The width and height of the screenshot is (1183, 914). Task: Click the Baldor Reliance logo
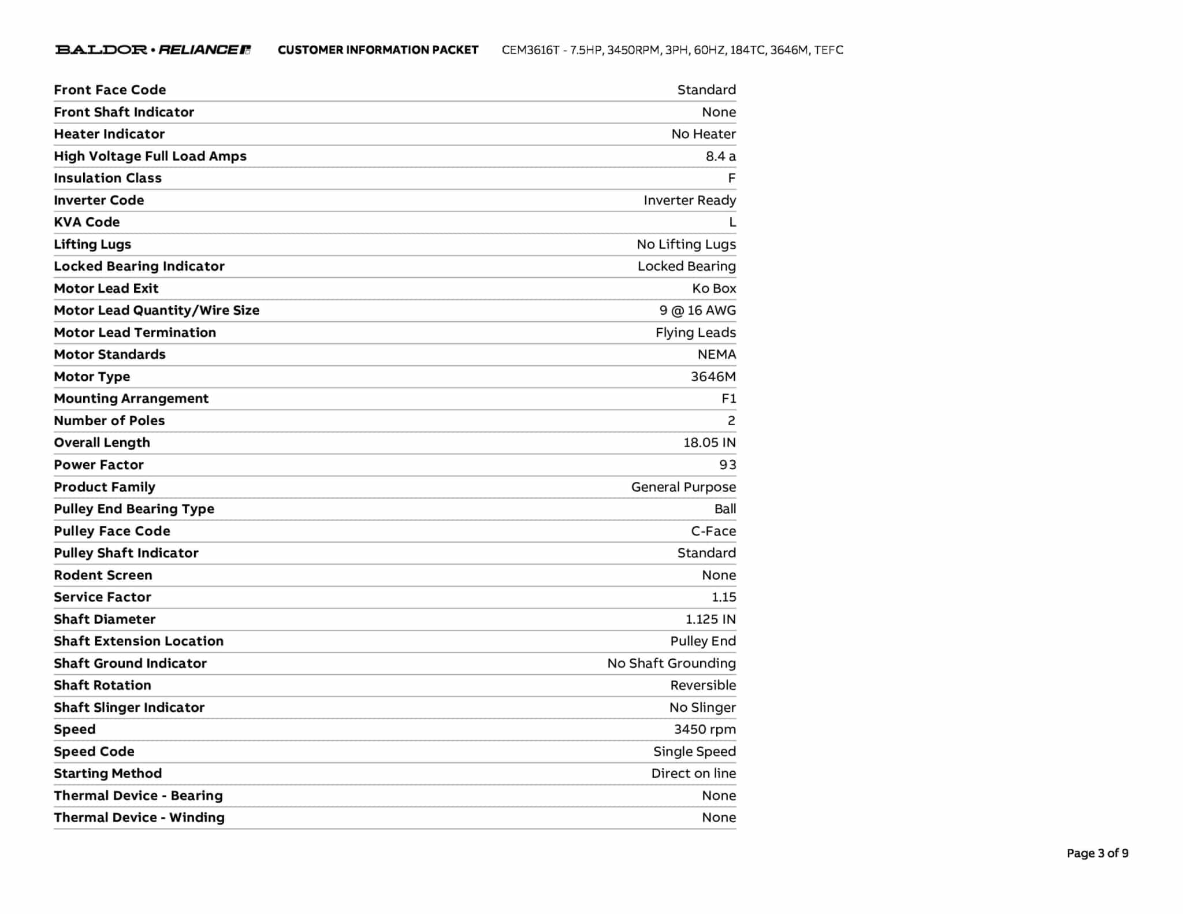pyautogui.click(x=153, y=50)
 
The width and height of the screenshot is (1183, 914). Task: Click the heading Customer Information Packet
pyautogui.click(x=378, y=50)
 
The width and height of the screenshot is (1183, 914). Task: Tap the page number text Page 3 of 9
pyautogui.click(x=1097, y=853)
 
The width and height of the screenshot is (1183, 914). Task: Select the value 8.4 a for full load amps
pyautogui.click(x=720, y=156)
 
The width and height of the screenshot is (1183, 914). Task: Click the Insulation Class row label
pyautogui.click(x=107, y=178)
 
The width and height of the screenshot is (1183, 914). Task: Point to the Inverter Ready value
pyautogui.click(x=689, y=200)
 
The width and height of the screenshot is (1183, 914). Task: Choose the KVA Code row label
pyautogui.click(x=87, y=222)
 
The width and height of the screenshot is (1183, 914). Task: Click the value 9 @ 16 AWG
pyautogui.click(x=697, y=310)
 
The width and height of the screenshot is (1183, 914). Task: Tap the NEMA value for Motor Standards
pyautogui.click(x=716, y=354)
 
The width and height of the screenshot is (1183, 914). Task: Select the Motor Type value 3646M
pyautogui.click(x=713, y=377)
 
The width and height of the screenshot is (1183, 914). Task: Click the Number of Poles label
pyautogui.click(x=109, y=421)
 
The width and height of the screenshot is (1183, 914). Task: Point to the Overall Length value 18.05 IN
pyautogui.click(x=709, y=443)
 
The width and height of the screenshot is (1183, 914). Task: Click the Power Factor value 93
pyautogui.click(x=727, y=465)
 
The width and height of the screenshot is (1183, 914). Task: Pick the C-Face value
pyautogui.click(x=713, y=531)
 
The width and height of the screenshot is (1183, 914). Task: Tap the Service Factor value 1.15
pyautogui.click(x=723, y=597)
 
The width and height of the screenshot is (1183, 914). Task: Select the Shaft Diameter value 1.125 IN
pyautogui.click(x=710, y=619)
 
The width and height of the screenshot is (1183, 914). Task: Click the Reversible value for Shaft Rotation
pyautogui.click(x=703, y=685)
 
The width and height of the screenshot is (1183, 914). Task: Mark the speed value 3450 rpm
pyautogui.click(x=705, y=729)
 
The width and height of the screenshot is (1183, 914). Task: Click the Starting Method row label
pyautogui.click(x=107, y=773)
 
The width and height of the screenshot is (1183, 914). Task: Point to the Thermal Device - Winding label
pyautogui.click(x=139, y=818)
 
